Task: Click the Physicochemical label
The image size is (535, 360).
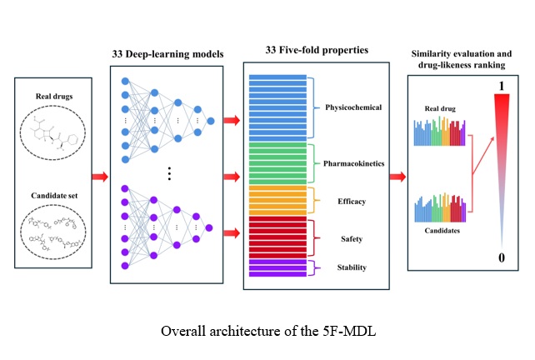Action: (352, 108)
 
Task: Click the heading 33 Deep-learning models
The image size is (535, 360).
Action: (167, 54)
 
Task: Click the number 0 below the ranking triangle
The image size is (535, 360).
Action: (501, 258)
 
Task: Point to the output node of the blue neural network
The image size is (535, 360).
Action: (212, 122)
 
